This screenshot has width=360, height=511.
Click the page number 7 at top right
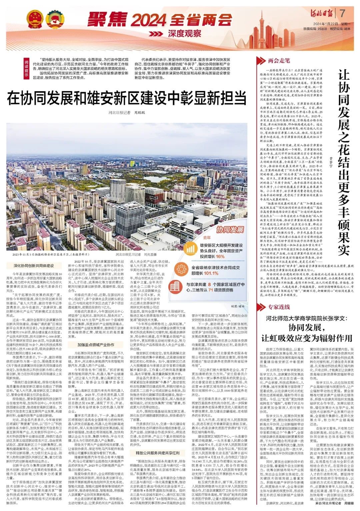click(x=342, y=14)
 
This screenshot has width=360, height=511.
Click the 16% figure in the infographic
click(x=220, y=256)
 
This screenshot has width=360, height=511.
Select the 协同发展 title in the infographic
click(x=230, y=230)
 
